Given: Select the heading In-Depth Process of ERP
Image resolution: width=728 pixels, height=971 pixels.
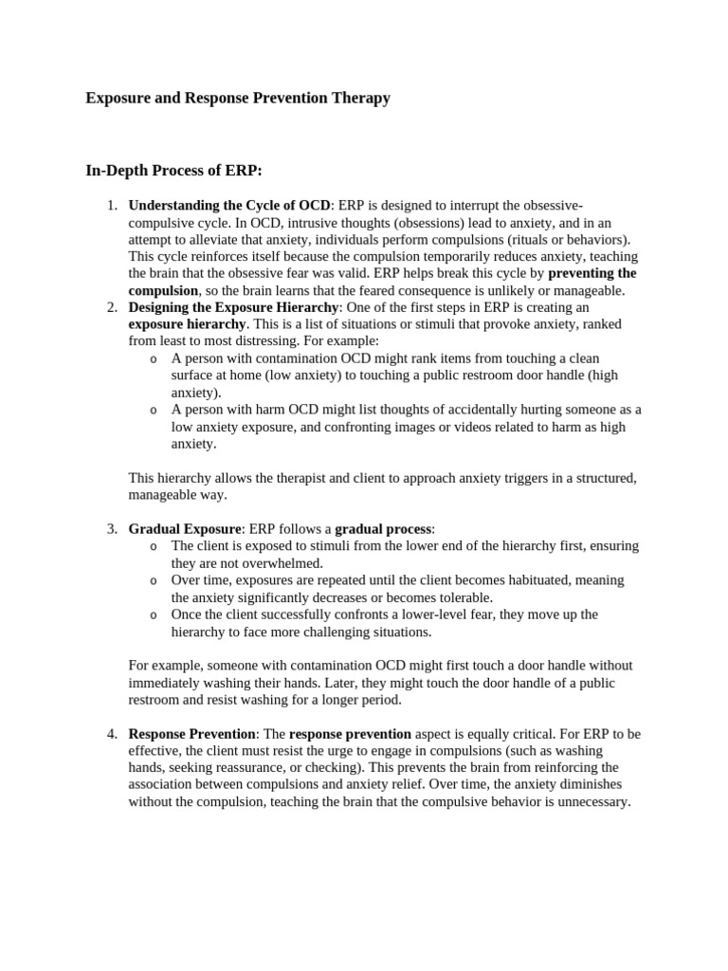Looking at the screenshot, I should (173, 171).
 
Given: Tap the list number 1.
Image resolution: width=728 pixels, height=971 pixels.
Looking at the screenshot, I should (111, 206).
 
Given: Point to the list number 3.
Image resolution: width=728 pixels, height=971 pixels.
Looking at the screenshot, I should (111, 529).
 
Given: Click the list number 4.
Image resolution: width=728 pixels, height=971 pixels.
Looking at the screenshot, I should (111, 734).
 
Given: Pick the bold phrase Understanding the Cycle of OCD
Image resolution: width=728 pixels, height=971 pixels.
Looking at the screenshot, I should (229, 206).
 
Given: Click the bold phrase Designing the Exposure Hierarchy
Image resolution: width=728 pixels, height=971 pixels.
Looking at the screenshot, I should (233, 307).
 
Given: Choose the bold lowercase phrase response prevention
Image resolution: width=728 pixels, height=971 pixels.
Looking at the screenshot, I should (350, 734).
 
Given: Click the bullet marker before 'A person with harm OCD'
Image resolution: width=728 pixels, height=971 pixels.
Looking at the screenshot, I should (154, 411).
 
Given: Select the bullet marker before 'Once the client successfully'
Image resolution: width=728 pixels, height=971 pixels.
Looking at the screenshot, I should (154, 615).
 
